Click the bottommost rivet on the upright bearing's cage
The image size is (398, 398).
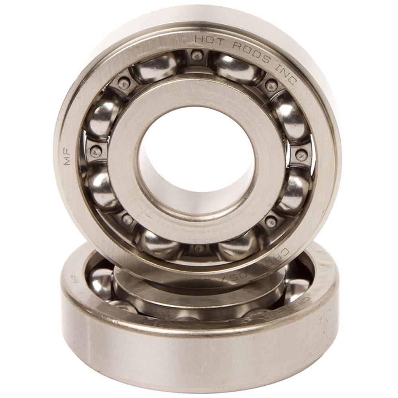(x=199, y=249)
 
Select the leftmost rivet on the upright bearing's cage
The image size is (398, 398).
(x=96, y=152)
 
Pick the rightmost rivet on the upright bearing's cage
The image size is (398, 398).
(x=301, y=154)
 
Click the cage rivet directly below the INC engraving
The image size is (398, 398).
(x=271, y=85)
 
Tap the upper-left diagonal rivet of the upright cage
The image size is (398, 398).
(x=124, y=83)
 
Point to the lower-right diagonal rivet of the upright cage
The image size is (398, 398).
(x=271, y=222)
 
